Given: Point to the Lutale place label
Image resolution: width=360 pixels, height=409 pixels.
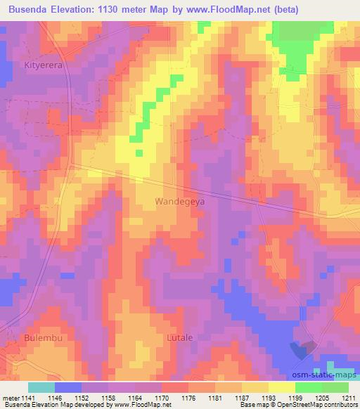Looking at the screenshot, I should (179, 338).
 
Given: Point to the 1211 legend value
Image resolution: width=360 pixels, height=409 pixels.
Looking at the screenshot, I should (349, 398).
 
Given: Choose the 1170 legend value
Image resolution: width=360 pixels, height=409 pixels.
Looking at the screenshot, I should (163, 398).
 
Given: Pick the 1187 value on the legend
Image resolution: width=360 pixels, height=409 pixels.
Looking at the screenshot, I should (243, 398).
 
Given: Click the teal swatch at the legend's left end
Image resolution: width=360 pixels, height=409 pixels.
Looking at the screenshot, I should (41, 387).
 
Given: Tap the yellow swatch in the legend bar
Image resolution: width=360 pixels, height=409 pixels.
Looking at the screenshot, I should (281, 387).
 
